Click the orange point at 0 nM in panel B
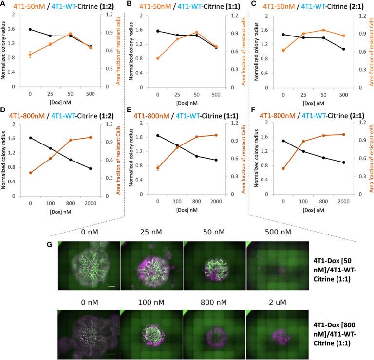pos(157,58)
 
